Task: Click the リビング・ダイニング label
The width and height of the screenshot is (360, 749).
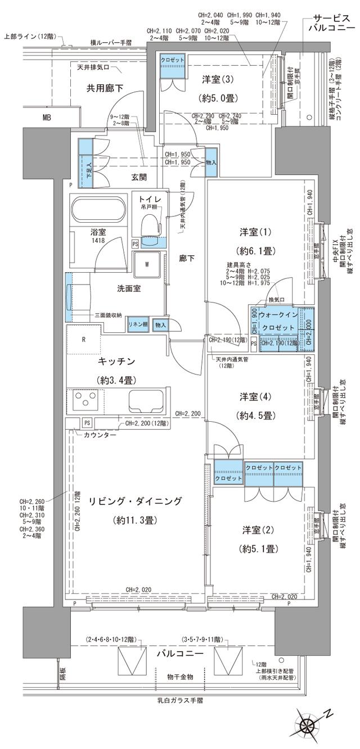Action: click(x=134, y=500)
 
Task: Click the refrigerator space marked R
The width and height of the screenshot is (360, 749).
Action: click(x=84, y=340)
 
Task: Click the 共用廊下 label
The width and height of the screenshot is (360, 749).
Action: click(x=105, y=88)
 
